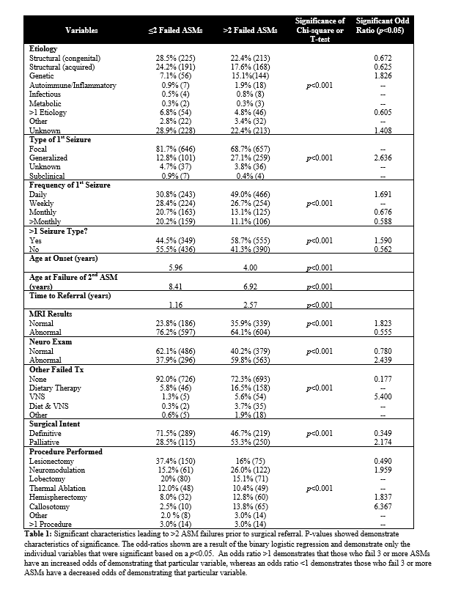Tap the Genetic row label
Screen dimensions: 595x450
tap(41, 75)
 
